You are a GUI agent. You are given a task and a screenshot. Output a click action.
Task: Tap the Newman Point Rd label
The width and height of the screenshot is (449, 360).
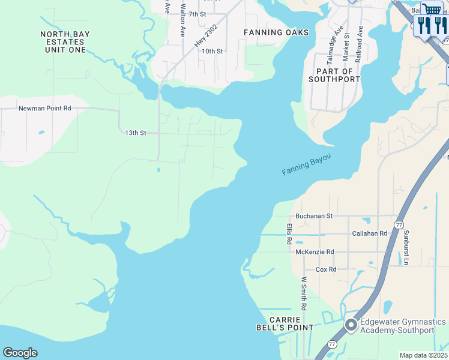click(x=45, y=109)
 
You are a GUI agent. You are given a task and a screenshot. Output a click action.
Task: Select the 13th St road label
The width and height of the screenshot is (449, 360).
click(x=135, y=133)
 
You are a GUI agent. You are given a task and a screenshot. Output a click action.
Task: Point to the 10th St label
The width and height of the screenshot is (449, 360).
click(x=212, y=52)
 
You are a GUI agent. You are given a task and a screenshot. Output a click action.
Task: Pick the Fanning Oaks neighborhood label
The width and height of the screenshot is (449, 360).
click(x=276, y=32)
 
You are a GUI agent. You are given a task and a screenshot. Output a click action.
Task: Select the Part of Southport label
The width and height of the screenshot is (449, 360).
click(x=334, y=75)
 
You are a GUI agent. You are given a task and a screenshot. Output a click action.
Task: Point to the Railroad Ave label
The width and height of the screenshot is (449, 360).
click(x=359, y=44)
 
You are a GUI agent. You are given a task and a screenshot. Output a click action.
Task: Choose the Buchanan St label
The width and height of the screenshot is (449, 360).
click(x=313, y=216)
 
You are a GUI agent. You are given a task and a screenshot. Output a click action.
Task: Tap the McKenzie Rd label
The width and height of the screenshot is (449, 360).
click(x=315, y=252)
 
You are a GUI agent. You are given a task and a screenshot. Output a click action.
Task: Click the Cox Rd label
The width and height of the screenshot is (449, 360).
click(x=326, y=270)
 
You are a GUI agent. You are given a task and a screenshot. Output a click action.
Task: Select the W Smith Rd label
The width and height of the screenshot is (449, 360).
click(x=304, y=293)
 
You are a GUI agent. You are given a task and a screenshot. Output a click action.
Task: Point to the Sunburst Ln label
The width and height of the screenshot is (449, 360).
click(x=406, y=247)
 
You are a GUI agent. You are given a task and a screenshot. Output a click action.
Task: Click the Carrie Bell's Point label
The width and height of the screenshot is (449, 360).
click(x=291, y=323)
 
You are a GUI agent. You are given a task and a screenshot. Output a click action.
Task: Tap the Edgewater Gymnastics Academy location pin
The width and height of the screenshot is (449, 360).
click(x=351, y=325)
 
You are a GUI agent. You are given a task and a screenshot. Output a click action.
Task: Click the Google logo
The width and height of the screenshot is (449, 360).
click(x=20, y=353)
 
